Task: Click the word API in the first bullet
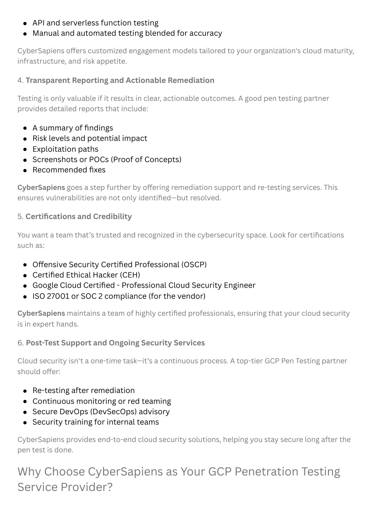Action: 39,23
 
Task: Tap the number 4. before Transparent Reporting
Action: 20,80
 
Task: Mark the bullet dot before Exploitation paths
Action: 25,150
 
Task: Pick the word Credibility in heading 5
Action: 112,216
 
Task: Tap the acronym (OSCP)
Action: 194,264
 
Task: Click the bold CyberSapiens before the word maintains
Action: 41,313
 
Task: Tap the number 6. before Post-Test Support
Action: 20,343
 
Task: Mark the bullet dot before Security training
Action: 25,423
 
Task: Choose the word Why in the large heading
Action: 29,472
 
